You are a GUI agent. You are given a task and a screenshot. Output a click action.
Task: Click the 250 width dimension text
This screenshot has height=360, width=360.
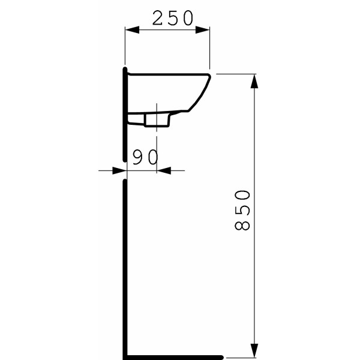pos(173,19)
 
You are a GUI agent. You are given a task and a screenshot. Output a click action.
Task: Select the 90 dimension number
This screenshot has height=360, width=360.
pos(145,157)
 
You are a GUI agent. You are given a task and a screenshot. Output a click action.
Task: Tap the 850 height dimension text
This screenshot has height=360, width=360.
pos(242,210)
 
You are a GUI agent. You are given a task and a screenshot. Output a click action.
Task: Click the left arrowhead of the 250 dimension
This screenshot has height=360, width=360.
pos(130,29)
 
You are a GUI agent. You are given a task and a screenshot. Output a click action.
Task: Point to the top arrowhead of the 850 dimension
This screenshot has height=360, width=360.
pos(255,80)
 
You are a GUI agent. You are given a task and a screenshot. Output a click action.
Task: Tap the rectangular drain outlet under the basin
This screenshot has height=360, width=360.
pos(157,120)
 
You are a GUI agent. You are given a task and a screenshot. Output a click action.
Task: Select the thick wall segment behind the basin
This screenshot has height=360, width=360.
pos(124,114)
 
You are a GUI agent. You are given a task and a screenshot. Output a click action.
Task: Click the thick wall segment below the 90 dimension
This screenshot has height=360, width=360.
pos(124,264)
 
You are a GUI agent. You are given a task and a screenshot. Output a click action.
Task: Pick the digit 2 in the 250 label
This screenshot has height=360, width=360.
pos(158,19)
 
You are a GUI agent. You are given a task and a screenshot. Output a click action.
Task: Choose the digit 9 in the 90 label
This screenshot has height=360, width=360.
pos(137,157)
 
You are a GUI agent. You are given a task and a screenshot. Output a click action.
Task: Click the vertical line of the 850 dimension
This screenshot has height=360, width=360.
pos(255,270)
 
